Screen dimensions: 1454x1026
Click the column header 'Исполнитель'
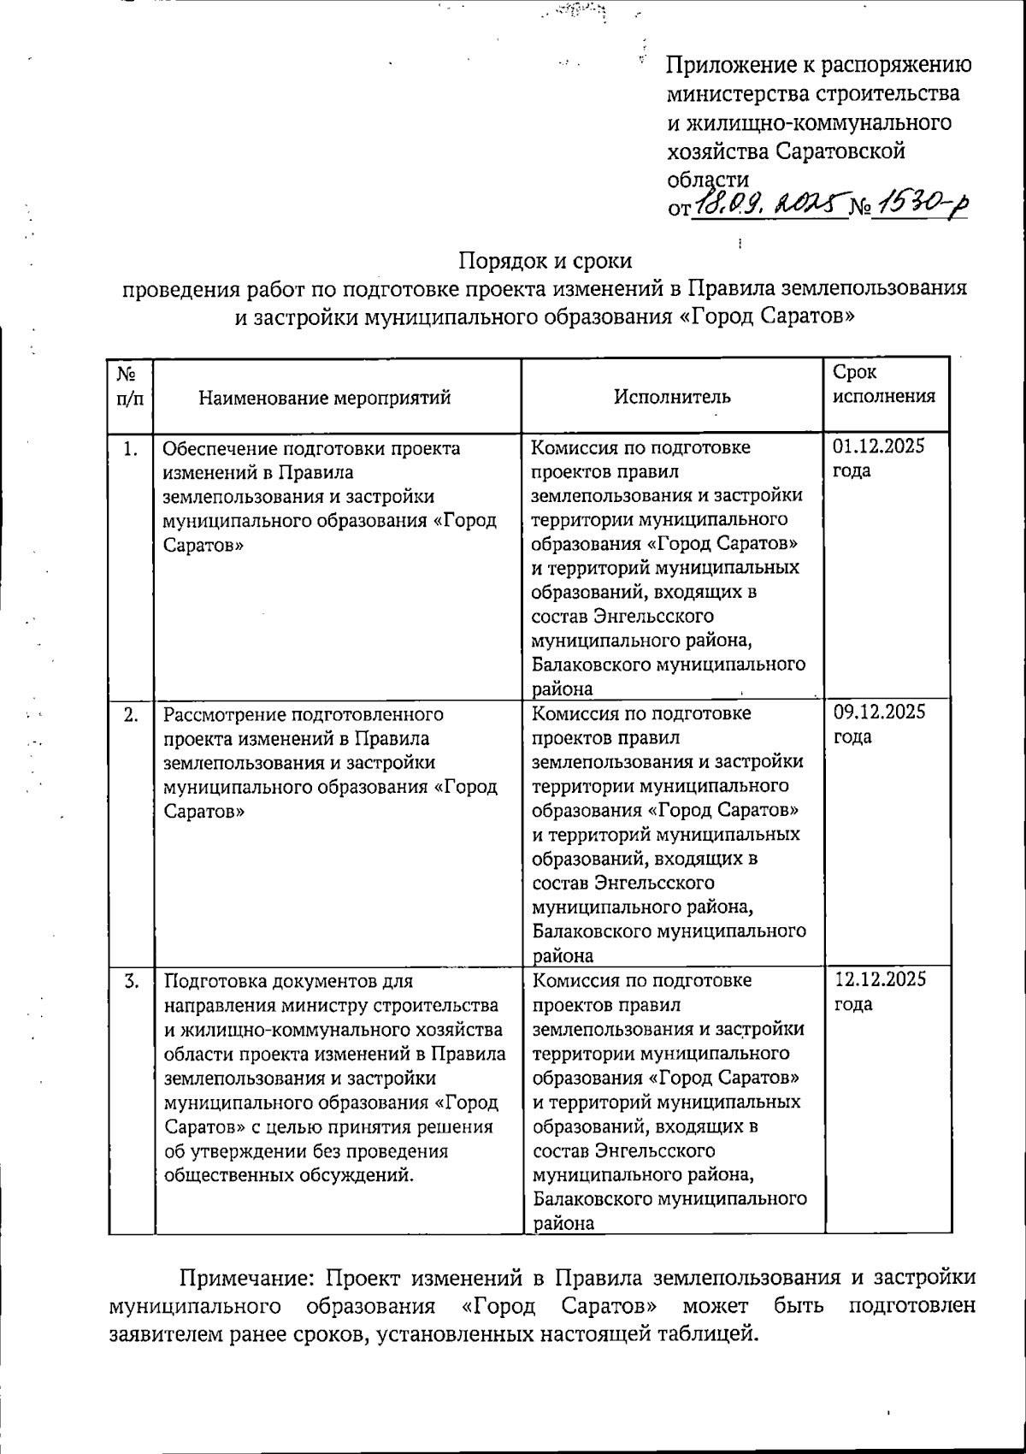tap(672, 397)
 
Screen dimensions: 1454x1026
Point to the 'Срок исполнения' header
tap(884, 384)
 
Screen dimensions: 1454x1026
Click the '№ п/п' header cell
tap(130, 386)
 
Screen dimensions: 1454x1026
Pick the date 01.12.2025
tap(879, 446)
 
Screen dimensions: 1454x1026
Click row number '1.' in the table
tap(130, 448)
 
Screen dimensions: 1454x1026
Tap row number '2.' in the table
tap(131, 714)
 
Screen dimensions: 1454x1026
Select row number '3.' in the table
tap(131, 981)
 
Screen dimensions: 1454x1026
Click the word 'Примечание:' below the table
tap(242, 1279)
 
